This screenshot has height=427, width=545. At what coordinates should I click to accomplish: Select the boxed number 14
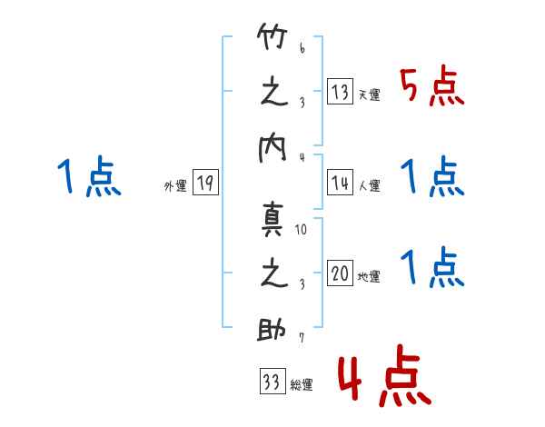(340, 182)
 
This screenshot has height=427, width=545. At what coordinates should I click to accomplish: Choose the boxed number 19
(204, 183)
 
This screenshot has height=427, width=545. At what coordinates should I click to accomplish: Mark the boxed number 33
(270, 382)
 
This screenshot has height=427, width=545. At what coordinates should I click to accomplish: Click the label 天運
(369, 94)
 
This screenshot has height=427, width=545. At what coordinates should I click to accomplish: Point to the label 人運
(369, 185)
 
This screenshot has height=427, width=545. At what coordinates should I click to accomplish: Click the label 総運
(301, 385)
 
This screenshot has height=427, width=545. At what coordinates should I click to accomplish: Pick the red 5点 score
(431, 88)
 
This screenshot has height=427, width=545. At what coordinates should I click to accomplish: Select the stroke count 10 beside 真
(302, 229)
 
